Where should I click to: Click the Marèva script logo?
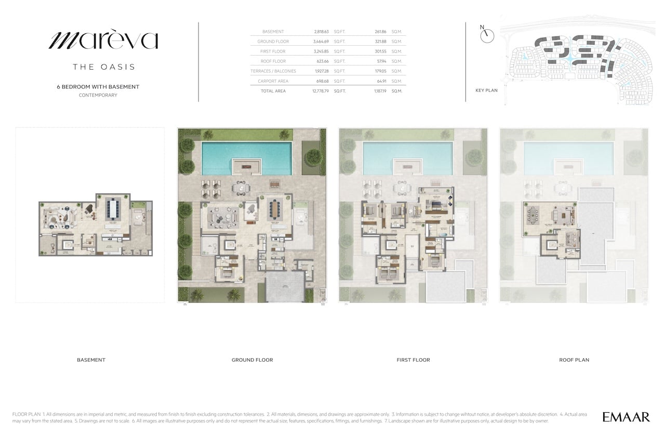(x=103, y=41)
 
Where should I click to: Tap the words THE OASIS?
(x=104, y=67)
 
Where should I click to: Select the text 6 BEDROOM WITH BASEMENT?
(x=98, y=87)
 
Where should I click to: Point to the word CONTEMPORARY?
(x=98, y=95)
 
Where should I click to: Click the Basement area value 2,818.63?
(x=322, y=32)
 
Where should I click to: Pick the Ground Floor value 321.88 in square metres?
(x=381, y=42)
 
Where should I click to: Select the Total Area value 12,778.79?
(x=321, y=91)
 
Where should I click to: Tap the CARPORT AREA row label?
(x=273, y=81)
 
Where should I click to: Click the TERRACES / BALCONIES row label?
(x=273, y=71)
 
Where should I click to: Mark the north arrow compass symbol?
(x=487, y=35)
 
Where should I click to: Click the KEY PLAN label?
(x=486, y=90)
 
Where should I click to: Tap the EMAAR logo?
(x=626, y=417)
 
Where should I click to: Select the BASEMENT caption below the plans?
(x=91, y=360)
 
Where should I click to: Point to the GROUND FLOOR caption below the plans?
(x=252, y=360)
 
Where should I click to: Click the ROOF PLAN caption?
(x=574, y=360)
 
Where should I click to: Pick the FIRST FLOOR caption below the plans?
(x=413, y=360)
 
